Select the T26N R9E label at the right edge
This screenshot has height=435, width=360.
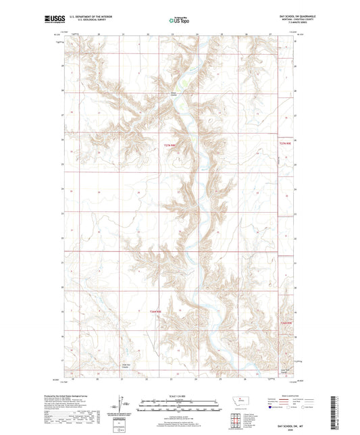click(x=287, y=325)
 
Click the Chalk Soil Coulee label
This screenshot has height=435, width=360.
click(x=126, y=366)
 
